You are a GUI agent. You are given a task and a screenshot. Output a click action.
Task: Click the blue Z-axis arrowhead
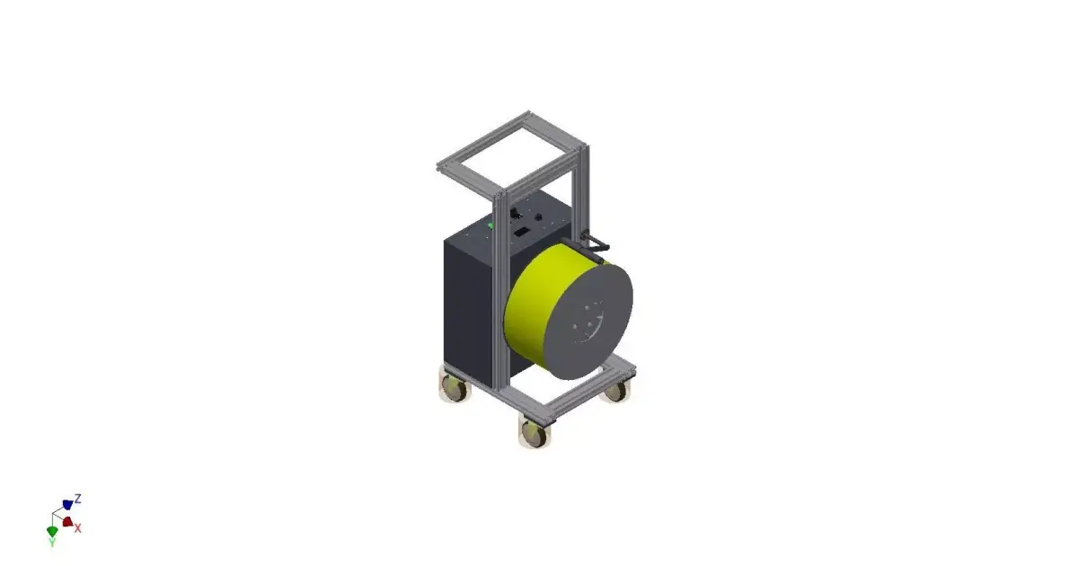(x=67, y=505)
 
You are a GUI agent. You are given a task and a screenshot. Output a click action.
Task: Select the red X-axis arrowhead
(x=67, y=522)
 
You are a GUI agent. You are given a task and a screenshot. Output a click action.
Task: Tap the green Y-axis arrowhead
(x=52, y=531)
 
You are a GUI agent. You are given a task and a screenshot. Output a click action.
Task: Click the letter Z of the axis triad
(x=79, y=498)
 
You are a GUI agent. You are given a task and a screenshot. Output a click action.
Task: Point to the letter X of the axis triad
(x=78, y=528)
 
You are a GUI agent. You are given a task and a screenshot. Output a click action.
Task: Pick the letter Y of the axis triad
(x=52, y=543)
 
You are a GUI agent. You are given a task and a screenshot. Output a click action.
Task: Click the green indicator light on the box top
(x=490, y=225)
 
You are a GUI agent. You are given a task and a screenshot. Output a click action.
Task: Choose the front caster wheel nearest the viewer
(x=535, y=433)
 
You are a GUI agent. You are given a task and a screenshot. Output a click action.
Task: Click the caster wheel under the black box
(x=455, y=388)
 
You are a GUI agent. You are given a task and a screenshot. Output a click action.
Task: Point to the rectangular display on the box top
(x=520, y=231)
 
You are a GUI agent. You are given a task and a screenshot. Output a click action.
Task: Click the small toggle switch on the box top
(x=515, y=214)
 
